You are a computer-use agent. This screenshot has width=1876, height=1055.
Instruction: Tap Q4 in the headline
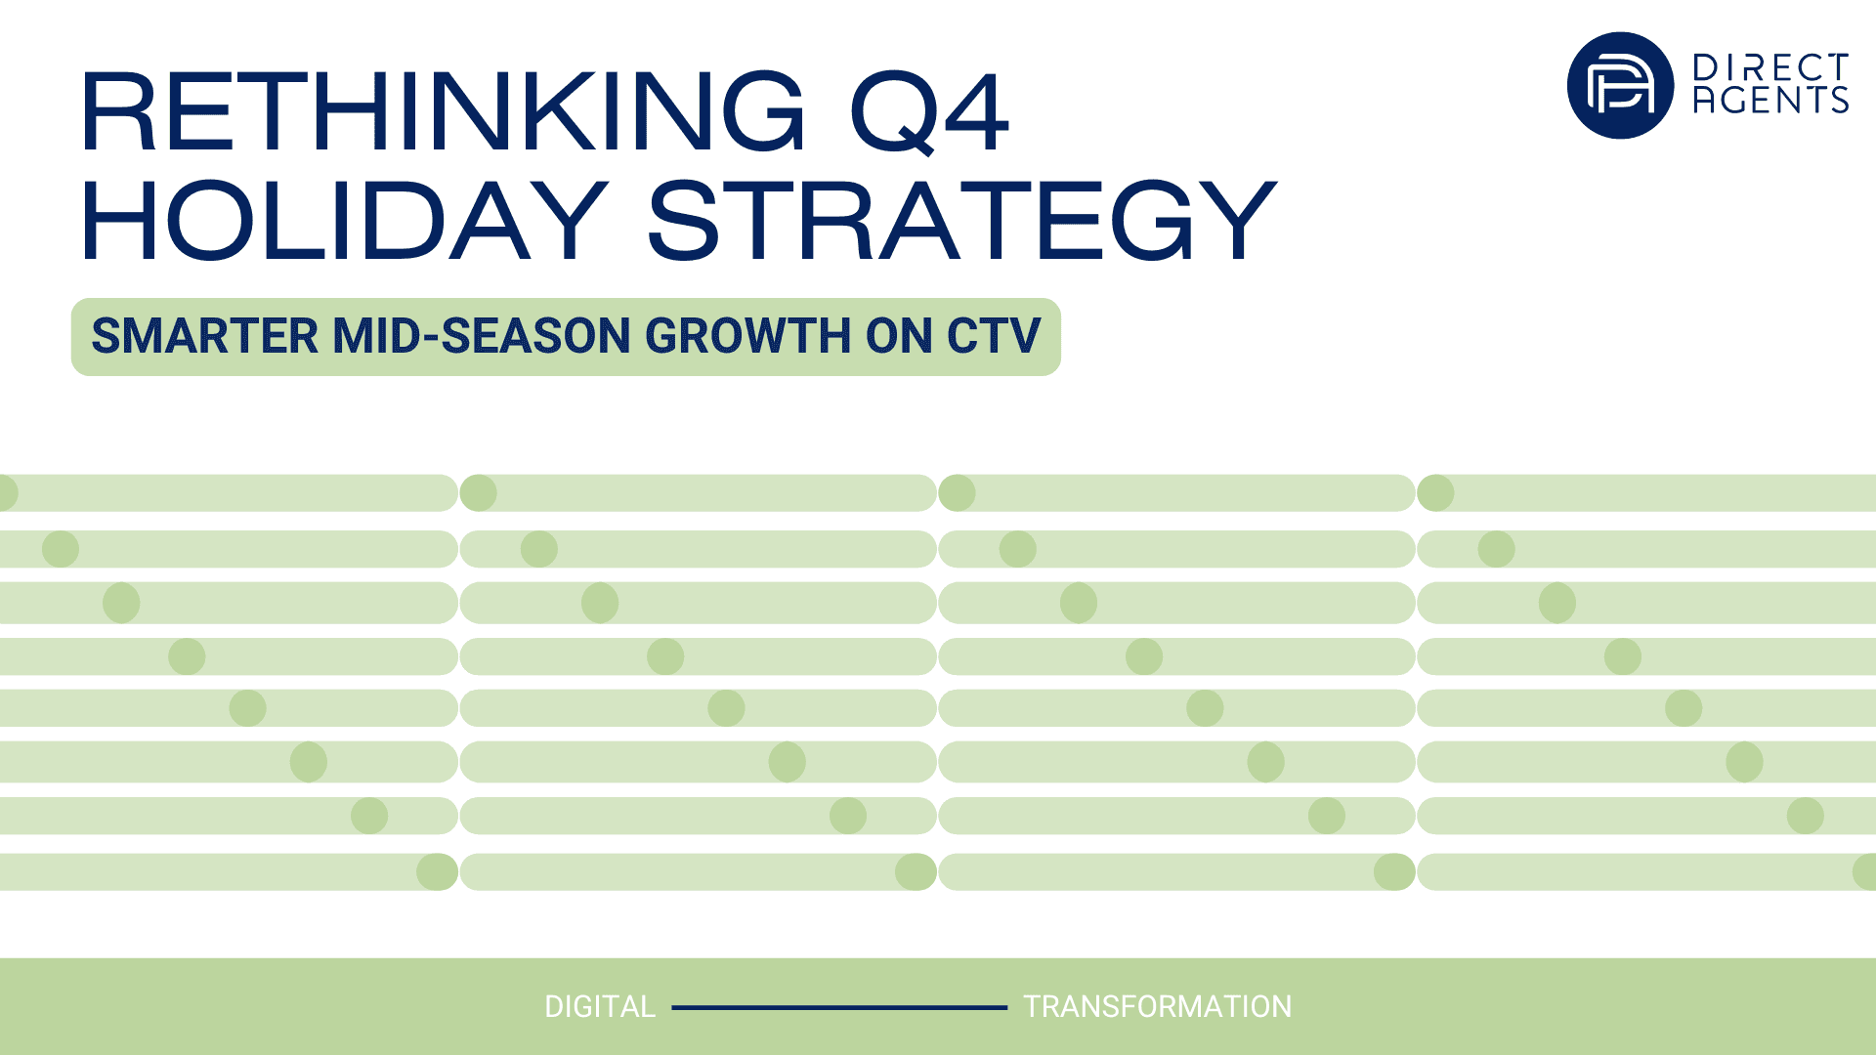tap(929, 112)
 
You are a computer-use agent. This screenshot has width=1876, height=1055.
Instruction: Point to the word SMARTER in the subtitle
tap(205, 336)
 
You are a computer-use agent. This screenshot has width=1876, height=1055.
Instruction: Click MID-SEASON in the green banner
tap(483, 336)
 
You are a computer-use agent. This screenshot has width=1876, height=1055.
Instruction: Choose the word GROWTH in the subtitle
tap(747, 336)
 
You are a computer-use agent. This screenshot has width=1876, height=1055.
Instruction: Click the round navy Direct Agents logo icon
tap(1620, 85)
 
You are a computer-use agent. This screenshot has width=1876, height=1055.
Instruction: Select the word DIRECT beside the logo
tap(1770, 67)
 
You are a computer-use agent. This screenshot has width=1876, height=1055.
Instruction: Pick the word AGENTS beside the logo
tap(1770, 100)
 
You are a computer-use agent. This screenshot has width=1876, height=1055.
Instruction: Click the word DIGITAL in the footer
tap(600, 1007)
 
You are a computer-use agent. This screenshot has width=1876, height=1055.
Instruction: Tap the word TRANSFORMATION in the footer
tap(1157, 1007)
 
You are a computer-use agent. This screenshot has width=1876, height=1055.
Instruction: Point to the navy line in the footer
tap(839, 1007)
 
